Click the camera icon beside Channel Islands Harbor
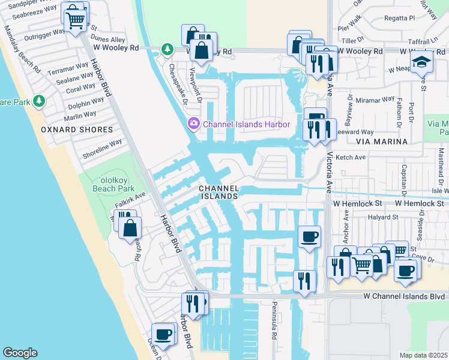click(x=194, y=124)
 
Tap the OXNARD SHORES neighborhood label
click(x=76, y=130)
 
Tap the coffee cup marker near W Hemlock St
click(x=309, y=236)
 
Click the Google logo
click(x=20, y=353)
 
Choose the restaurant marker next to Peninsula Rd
click(x=304, y=281)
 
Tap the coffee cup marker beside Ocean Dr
click(x=163, y=334)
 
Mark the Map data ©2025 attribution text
click(x=423, y=355)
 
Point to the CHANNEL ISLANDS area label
click(x=218, y=192)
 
